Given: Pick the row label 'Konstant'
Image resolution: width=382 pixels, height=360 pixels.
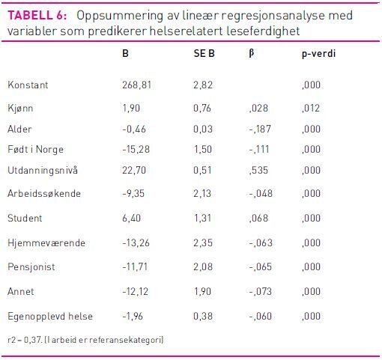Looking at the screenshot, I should (x=28, y=85).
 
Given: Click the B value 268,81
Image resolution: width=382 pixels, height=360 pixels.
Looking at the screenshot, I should (x=137, y=85).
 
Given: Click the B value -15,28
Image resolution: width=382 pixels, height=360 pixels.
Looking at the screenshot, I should (x=136, y=150).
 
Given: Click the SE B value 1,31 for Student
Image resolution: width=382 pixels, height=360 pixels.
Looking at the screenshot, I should (x=202, y=219).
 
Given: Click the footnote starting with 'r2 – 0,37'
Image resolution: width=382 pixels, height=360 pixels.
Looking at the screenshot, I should (x=85, y=341).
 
